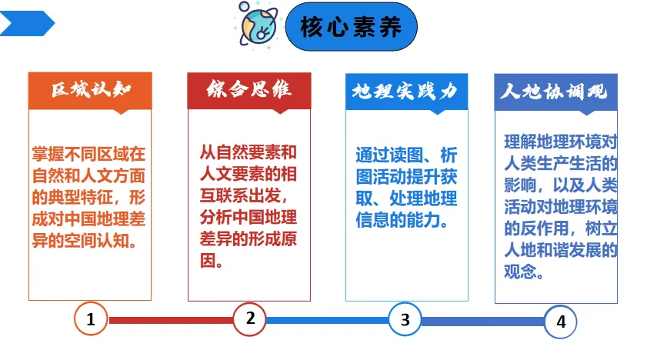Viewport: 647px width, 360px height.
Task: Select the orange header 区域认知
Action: [x=90, y=91]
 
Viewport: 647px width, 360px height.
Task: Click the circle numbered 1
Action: [x=91, y=319]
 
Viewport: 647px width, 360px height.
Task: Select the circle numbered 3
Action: [x=405, y=319]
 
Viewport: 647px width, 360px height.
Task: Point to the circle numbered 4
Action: [x=561, y=322]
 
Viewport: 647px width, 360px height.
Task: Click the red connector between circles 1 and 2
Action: [x=170, y=320]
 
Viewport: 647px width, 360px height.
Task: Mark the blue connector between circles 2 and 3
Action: [x=327, y=320]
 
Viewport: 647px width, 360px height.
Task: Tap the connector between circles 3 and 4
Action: [x=483, y=321]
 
